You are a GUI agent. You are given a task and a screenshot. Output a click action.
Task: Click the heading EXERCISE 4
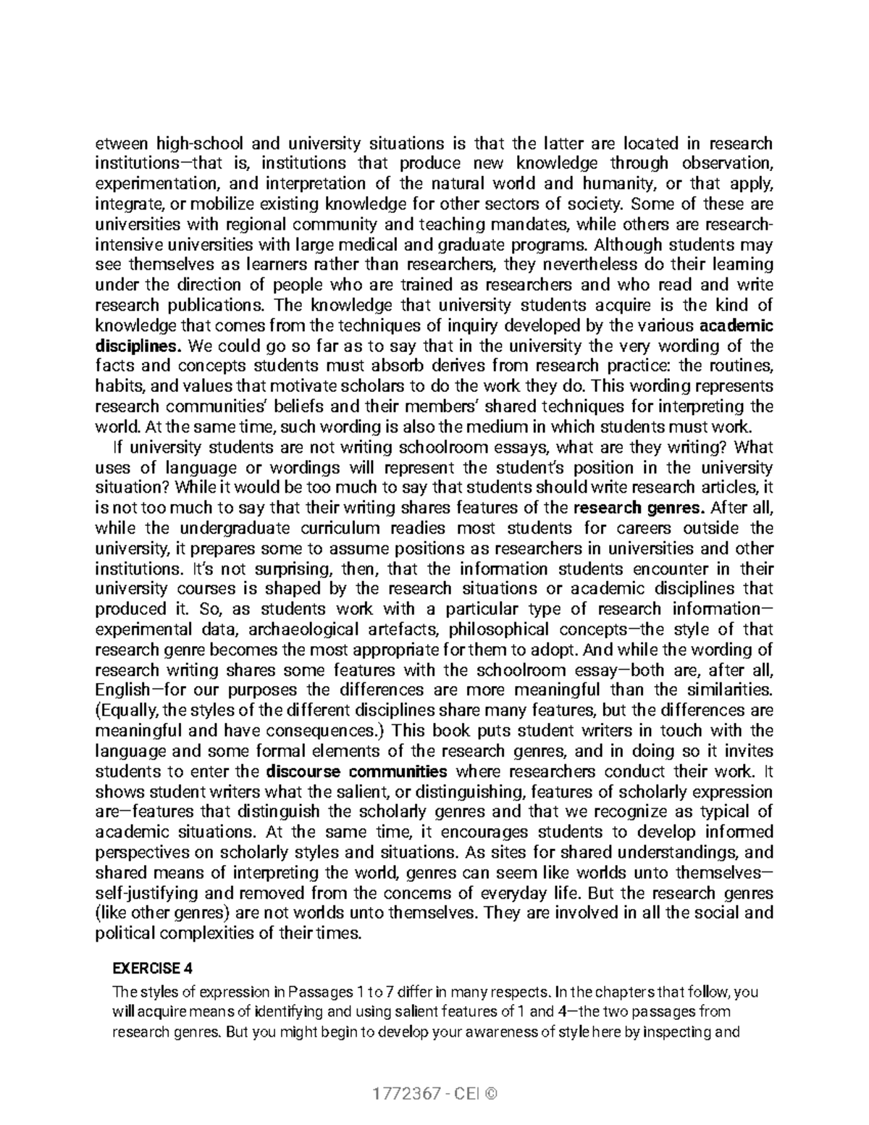click(152, 969)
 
